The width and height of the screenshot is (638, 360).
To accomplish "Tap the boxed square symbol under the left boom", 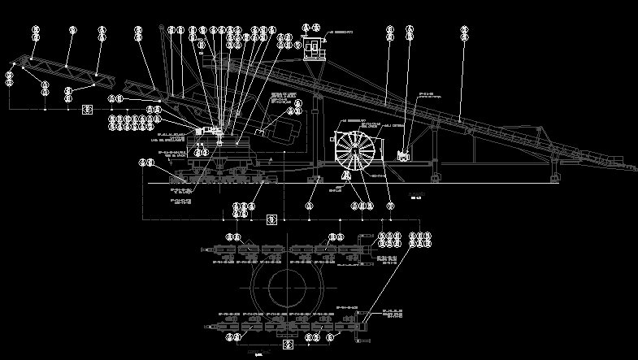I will coord(87,109).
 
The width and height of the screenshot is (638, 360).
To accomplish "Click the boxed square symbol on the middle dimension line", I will coord(272,219).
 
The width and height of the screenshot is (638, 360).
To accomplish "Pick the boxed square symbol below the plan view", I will coord(286,345).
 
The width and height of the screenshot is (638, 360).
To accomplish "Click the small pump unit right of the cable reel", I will coord(402,154).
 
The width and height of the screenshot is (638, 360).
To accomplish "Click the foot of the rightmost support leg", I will coord(555,177).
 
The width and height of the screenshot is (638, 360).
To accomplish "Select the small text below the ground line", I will coord(418,197).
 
